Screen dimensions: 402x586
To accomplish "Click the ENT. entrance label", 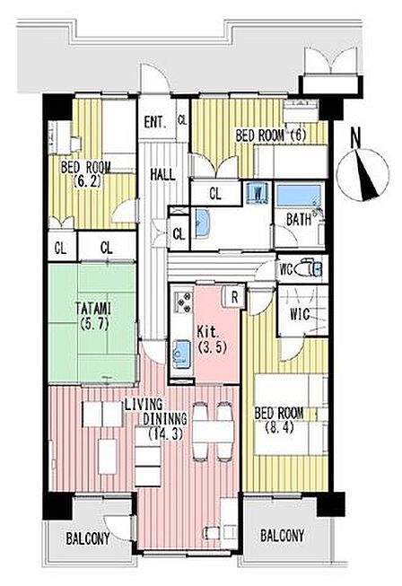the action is click(x=154, y=122).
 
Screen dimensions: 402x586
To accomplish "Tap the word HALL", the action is click(x=162, y=174).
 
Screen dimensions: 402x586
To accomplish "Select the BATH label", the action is click(x=299, y=219).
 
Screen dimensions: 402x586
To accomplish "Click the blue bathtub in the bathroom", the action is click(x=300, y=195).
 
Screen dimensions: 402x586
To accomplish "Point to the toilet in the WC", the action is click(x=308, y=269).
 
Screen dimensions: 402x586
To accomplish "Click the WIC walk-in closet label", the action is click(x=300, y=314).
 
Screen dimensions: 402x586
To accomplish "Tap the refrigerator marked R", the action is click(x=234, y=297).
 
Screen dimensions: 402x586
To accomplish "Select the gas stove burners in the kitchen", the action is click(x=183, y=302).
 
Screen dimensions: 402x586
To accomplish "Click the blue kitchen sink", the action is click(x=181, y=351).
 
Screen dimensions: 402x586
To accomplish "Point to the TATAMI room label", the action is click(x=93, y=316).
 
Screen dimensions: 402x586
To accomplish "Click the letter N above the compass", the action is click(x=356, y=137).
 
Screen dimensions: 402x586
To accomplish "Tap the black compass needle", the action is click(x=369, y=174).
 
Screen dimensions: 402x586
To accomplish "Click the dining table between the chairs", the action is click(x=213, y=432).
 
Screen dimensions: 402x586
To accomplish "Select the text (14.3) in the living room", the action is click(x=165, y=433).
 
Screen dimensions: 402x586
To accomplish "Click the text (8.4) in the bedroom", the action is click(x=279, y=427).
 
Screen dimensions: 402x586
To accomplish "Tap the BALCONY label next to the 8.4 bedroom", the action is click(x=282, y=536).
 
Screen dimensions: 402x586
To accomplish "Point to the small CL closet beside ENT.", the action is click(x=182, y=120).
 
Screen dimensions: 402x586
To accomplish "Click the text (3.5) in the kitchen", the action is click(x=212, y=347).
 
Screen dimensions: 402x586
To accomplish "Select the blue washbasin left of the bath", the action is click(x=202, y=222).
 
